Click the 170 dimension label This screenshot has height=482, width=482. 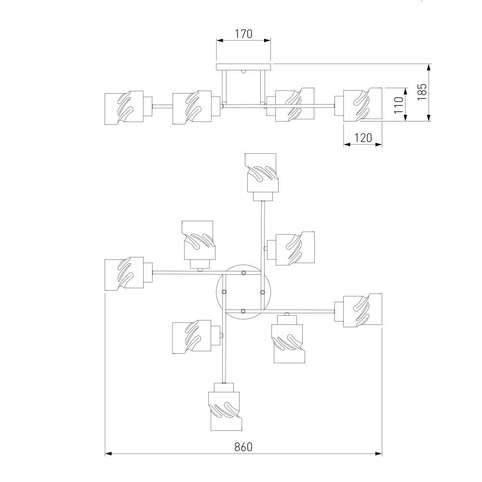[243, 34]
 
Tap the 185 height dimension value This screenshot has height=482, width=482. [422, 92]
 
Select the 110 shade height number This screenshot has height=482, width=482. [399, 105]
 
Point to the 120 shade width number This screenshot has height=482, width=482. [363, 138]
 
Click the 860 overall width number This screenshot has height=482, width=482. [243, 447]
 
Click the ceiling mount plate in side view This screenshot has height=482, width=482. [243, 67]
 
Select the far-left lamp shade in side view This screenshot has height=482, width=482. [124, 107]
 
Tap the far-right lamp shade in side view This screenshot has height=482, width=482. [363, 105]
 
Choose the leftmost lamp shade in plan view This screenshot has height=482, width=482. [124, 274]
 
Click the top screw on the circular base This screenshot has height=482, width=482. [243, 273]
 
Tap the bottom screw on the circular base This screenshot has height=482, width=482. [243, 311]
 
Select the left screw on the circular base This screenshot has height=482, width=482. [224, 292]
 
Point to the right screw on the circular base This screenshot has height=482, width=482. [263, 292]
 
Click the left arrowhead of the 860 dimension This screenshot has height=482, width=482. [108, 454]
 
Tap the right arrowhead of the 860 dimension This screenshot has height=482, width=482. [379, 454]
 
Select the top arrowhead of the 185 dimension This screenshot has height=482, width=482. [429, 67]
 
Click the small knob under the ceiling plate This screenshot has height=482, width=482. [243, 72]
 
